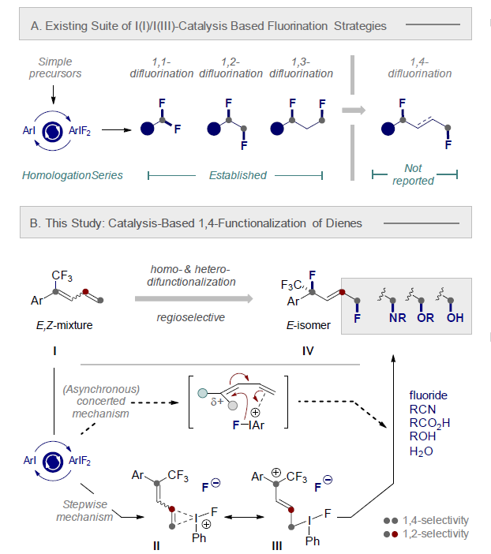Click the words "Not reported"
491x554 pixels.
(x=414, y=174)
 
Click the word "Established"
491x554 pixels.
(x=238, y=175)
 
